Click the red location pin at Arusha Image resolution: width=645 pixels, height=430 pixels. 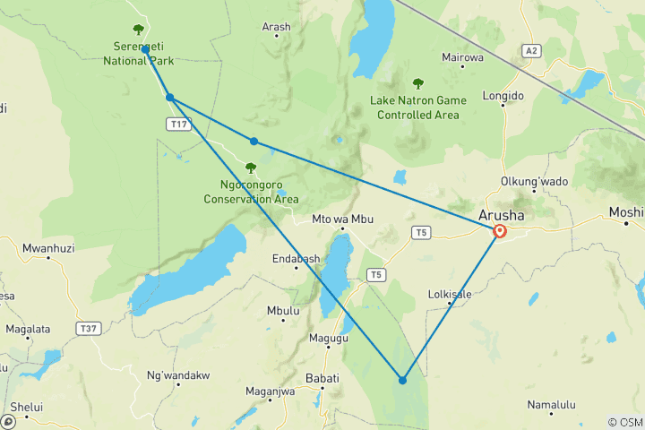[500, 231]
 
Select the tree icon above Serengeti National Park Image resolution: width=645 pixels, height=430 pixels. [137, 30]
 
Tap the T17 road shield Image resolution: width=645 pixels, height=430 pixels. [178, 125]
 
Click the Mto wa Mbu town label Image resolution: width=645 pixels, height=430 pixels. [340, 219]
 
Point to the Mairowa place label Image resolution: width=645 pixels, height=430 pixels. [462, 57]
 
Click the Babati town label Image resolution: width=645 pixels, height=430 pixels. [322, 379]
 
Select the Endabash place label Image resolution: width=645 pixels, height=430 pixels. [296, 259]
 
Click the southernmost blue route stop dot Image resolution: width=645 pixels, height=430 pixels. [402, 381]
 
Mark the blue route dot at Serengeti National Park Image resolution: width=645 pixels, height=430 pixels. [145, 50]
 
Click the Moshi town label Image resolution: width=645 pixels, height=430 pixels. [626, 212]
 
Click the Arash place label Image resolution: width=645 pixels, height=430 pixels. [276, 27]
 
